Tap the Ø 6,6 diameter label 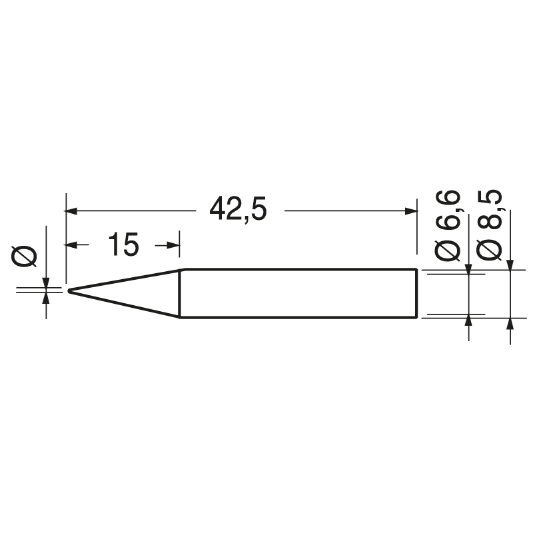click(448, 225)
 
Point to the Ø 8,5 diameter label click(490, 225)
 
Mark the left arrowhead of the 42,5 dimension click(72, 211)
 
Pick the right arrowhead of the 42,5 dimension click(410, 211)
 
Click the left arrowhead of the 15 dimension click(72, 246)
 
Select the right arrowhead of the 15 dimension click(175, 246)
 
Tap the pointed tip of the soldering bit click(70, 290)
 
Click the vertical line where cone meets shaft click(181, 293)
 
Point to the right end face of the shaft click(417, 293)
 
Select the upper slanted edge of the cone click(127, 279)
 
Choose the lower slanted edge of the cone click(127, 304)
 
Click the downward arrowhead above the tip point click(46, 282)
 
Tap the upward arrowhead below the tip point click(46, 298)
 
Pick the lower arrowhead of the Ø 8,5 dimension click(510, 323)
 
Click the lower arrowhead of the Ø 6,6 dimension click(469, 319)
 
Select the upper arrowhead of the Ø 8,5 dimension click(510, 265)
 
